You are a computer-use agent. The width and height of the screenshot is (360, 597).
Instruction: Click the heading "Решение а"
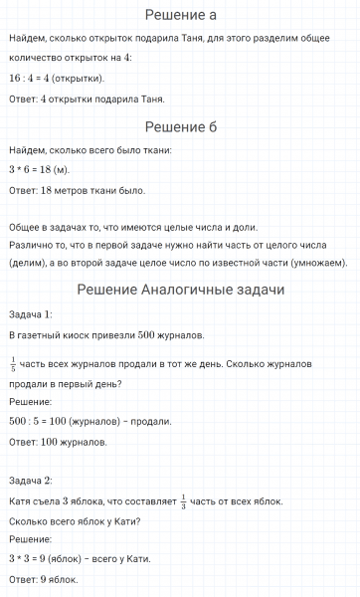(180, 15)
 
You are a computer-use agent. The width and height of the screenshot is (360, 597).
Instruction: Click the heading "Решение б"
(180, 126)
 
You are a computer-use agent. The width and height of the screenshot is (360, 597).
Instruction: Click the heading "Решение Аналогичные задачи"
(180, 290)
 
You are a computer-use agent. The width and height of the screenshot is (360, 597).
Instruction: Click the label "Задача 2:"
(30, 480)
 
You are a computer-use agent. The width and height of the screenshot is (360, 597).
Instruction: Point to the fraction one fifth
(13, 364)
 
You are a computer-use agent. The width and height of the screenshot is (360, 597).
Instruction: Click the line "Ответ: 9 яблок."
(43, 579)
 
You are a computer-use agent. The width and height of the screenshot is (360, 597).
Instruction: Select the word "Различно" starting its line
(31, 244)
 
